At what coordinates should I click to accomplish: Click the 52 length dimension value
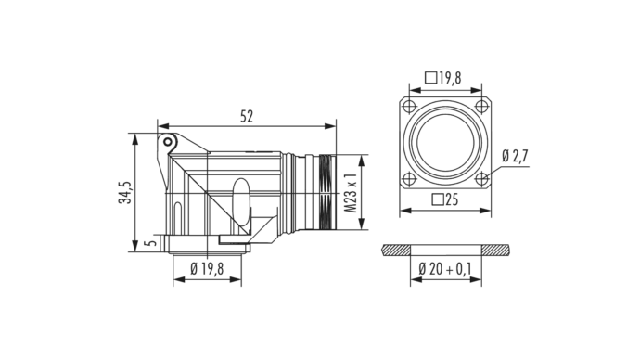click(247, 117)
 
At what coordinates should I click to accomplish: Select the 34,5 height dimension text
click(125, 193)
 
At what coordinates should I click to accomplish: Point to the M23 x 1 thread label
click(351, 192)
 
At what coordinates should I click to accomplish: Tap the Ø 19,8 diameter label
click(207, 268)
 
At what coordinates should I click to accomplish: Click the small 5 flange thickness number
click(151, 242)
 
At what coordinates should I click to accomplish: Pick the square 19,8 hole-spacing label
click(443, 77)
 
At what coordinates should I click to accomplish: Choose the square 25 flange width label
click(445, 199)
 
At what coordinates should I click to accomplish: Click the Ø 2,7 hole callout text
click(515, 156)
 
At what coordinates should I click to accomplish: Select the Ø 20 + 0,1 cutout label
click(445, 268)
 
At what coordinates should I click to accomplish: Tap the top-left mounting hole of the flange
click(408, 107)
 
